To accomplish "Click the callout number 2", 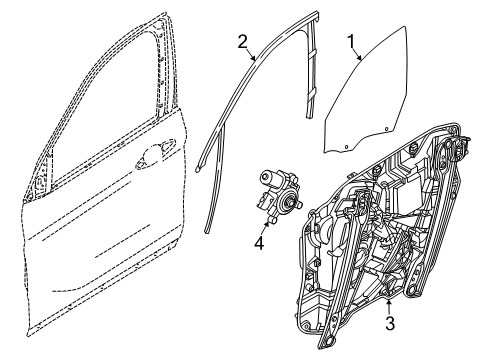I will tap(242, 41).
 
